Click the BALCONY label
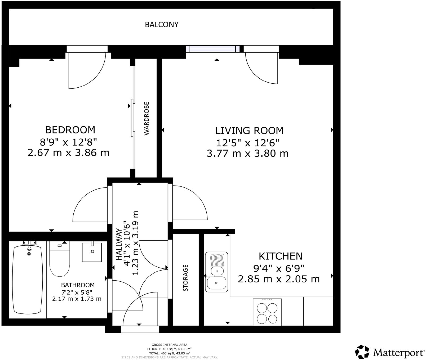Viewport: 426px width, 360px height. [161, 25]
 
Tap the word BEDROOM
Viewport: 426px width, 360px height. [70, 130]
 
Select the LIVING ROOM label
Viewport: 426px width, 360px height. [249, 131]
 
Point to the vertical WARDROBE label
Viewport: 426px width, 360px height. [147, 119]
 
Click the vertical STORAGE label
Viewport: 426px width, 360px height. [185, 278]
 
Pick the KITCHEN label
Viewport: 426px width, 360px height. [280, 256]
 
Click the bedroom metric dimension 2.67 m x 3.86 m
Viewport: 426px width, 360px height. [68, 153]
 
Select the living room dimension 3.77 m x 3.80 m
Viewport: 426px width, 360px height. [247, 154]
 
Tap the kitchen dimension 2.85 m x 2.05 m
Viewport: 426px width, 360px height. [279, 279]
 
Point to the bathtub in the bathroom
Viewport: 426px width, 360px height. [27, 279]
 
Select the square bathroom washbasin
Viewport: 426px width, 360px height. [92, 252]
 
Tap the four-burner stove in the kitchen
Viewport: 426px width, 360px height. [267, 312]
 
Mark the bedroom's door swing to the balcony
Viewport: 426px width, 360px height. [85, 70]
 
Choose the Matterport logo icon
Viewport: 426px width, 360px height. [362, 352]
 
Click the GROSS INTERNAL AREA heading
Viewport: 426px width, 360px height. [169, 345]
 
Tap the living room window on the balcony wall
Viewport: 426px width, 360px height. [213, 49]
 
